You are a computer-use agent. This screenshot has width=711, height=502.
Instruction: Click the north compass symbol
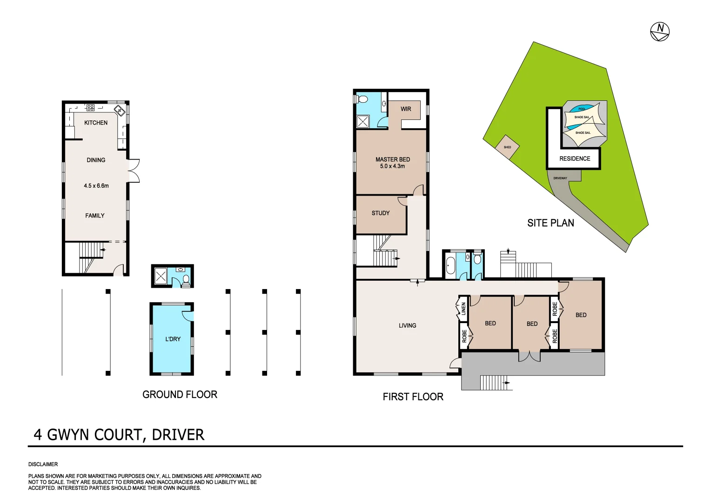pyautogui.click(x=659, y=32)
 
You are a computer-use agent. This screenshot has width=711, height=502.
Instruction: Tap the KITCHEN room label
pyautogui.click(x=96, y=123)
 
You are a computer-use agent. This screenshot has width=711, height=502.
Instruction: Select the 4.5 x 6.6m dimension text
pyautogui.click(x=96, y=186)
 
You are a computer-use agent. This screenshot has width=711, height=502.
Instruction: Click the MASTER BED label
pyautogui.click(x=393, y=159)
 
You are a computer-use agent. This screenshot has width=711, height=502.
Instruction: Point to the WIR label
pyautogui.click(x=406, y=109)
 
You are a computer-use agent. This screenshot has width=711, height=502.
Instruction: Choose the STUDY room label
pyautogui.click(x=381, y=213)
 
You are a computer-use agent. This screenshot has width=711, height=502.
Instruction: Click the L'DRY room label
pyautogui.click(x=173, y=339)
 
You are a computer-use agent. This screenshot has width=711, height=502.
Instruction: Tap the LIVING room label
pyautogui.click(x=407, y=326)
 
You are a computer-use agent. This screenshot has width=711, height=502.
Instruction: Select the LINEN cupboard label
pyautogui.click(x=463, y=309)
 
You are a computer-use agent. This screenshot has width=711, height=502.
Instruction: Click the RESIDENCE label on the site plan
pyautogui.click(x=575, y=159)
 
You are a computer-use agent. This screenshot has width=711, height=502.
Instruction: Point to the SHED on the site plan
pyautogui.click(x=507, y=147)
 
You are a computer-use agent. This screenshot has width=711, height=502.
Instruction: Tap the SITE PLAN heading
pyautogui.click(x=550, y=223)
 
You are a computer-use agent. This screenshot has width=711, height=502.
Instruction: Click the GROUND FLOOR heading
pyautogui.click(x=180, y=395)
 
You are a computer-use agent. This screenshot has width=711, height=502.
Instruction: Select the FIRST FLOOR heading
pyautogui.click(x=413, y=397)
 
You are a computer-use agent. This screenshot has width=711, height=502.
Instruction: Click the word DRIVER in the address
pyautogui.click(x=178, y=435)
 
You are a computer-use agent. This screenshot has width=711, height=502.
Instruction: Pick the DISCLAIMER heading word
pyautogui.click(x=43, y=464)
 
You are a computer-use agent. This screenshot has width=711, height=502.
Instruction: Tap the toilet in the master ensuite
pyautogui.click(x=362, y=99)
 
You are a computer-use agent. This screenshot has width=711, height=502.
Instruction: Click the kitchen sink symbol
pyautogui.click(x=119, y=111)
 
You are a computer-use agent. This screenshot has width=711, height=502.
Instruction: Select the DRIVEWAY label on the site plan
pyautogui.click(x=560, y=178)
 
